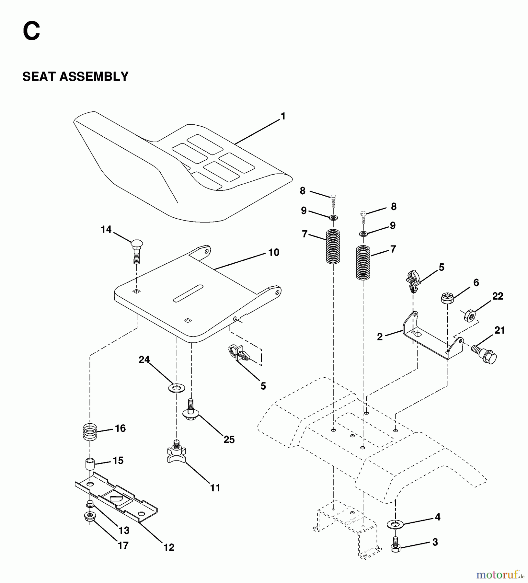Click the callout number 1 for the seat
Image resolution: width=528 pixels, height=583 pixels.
coord(283,116)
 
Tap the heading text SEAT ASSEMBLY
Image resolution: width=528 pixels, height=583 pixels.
coord(75,77)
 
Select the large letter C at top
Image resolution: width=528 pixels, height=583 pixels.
coord(31,31)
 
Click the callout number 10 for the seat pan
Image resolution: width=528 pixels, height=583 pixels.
coord(274,252)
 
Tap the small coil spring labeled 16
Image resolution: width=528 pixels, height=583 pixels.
coord(90,432)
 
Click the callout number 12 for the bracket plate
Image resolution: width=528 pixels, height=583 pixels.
coord(169,547)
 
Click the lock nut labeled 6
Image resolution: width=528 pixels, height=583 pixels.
coord(447,297)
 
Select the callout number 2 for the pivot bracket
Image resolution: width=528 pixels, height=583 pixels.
coord(380,337)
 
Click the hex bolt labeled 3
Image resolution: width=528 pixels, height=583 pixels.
coord(395,544)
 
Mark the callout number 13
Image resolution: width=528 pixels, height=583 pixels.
coord(124,531)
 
